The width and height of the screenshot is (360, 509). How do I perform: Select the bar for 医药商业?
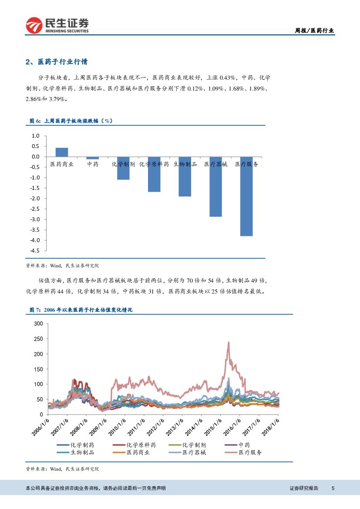pos(62,152)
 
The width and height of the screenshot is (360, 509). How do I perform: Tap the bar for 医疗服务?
pos(246,196)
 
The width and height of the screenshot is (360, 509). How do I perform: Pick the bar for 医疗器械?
pos(215,186)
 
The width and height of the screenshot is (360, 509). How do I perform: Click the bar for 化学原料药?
pos(154,174)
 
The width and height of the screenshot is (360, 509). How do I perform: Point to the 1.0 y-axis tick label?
pos(36,136)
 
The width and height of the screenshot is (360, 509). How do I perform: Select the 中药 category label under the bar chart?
pos(93,164)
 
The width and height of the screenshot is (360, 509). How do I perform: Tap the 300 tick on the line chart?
pos(38,324)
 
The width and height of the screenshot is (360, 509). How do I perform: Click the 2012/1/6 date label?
pos(156,427)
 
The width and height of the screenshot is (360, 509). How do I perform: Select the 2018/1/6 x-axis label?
pos(272,427)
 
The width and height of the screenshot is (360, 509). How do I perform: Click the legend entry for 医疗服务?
pos(250,452)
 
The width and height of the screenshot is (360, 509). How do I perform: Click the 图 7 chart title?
pos(81,310)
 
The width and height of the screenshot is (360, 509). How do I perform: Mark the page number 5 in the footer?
pos(333,488)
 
